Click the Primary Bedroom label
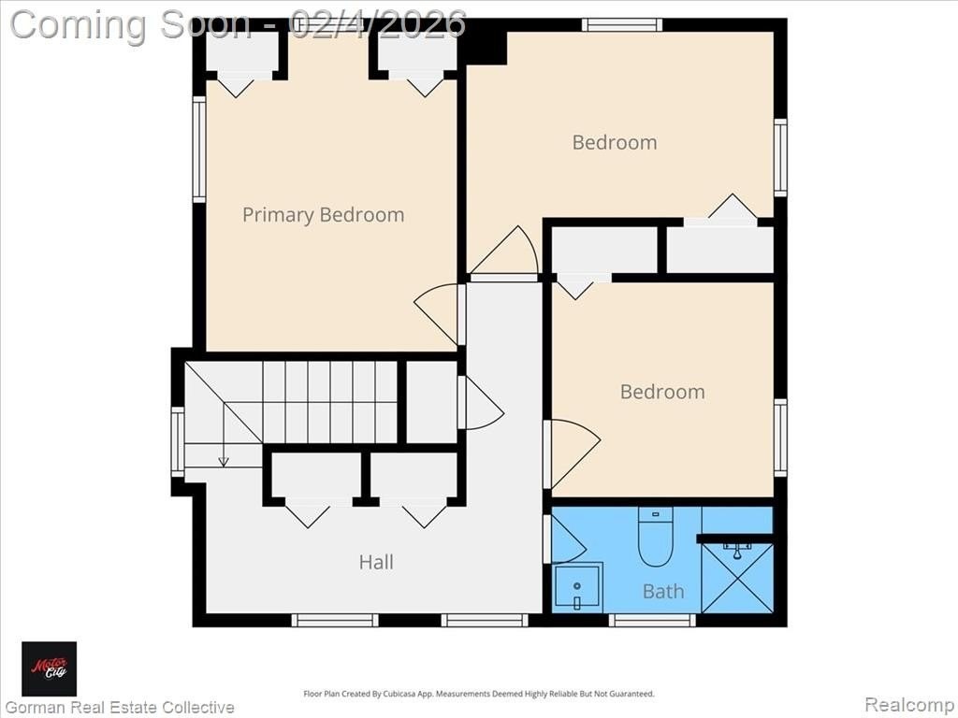(323, 215)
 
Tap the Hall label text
(376, 562)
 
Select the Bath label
(663, 591)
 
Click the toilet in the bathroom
(656, 537)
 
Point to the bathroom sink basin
(577, 586)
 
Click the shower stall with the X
(737, 578)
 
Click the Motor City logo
(50, 668)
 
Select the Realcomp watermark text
(908, 705)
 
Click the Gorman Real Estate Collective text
(120, 707)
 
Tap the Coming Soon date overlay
(239, 24)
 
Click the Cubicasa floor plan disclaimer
(479, 694)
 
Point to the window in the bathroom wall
(652, 621)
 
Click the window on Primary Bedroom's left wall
(199, 149)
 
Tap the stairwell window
(178, 441)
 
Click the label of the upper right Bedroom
(615, 142)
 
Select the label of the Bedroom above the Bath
(662, 392)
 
